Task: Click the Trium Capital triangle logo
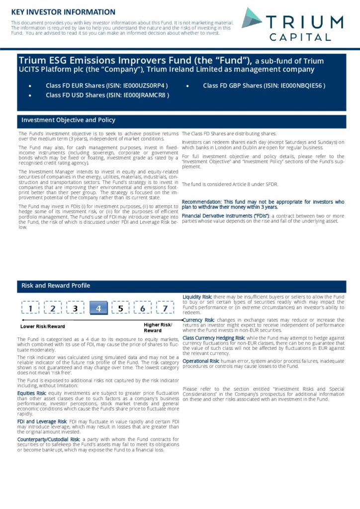click(252, 18)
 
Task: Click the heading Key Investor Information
click(63, 11)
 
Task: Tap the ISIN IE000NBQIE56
click(302, 85)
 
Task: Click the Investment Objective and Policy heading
click(68, 120)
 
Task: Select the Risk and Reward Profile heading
click(56, 286)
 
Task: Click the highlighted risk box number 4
click(98, 309)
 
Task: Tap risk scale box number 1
click(31, 309)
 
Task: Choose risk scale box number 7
click(165, 309)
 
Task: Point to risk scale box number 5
click(121, 309)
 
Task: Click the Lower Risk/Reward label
click(42, 327)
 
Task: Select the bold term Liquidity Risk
click(197, 297)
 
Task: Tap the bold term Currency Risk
click(198, 320)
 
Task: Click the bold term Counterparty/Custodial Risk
click(48, 439)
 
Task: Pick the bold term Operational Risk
click(201, 361)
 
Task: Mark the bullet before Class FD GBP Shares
click(187, 86)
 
